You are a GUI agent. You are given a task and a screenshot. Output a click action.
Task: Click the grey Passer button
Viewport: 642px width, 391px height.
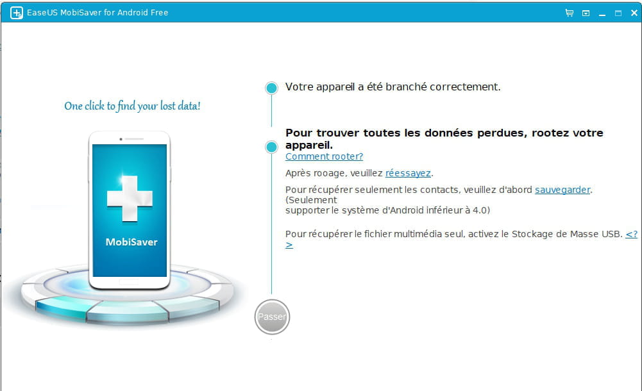tap(273, 317)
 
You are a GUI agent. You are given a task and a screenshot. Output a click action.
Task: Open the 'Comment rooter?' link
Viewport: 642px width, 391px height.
tap(325, 156)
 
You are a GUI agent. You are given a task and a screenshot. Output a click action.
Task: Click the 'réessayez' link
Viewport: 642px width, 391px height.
tap(408, 173)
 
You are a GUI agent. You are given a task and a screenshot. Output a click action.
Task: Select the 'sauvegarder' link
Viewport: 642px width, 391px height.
tap(562, 190)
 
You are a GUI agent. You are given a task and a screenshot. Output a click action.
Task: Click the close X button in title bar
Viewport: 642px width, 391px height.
tap(634, 13)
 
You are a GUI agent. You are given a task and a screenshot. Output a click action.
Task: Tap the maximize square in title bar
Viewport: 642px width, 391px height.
tap(618, 13)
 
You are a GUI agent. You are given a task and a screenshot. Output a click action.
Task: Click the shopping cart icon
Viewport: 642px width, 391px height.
tap(569, 13)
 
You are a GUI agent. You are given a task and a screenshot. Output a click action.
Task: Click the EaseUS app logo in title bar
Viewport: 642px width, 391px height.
tap(17, 13)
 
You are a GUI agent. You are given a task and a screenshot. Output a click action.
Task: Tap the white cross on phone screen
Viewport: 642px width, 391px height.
tap(130, 199)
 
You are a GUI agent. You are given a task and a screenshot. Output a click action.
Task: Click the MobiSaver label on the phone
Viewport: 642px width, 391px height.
tap(131, 242)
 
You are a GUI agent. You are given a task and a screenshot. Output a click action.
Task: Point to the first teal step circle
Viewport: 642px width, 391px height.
tap(271, 88)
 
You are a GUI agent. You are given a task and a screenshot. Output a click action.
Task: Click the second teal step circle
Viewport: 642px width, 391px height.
tap(271, 147)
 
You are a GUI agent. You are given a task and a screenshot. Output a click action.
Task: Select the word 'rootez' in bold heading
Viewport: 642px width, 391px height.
tap(548, 133)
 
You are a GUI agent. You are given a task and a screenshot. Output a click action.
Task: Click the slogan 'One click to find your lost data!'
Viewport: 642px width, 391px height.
tap(132, 106)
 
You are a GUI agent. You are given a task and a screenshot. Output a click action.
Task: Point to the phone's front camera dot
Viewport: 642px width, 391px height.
tap(121, 139)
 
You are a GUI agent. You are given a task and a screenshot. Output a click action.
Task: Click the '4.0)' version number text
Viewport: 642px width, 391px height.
tap(481, 210)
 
